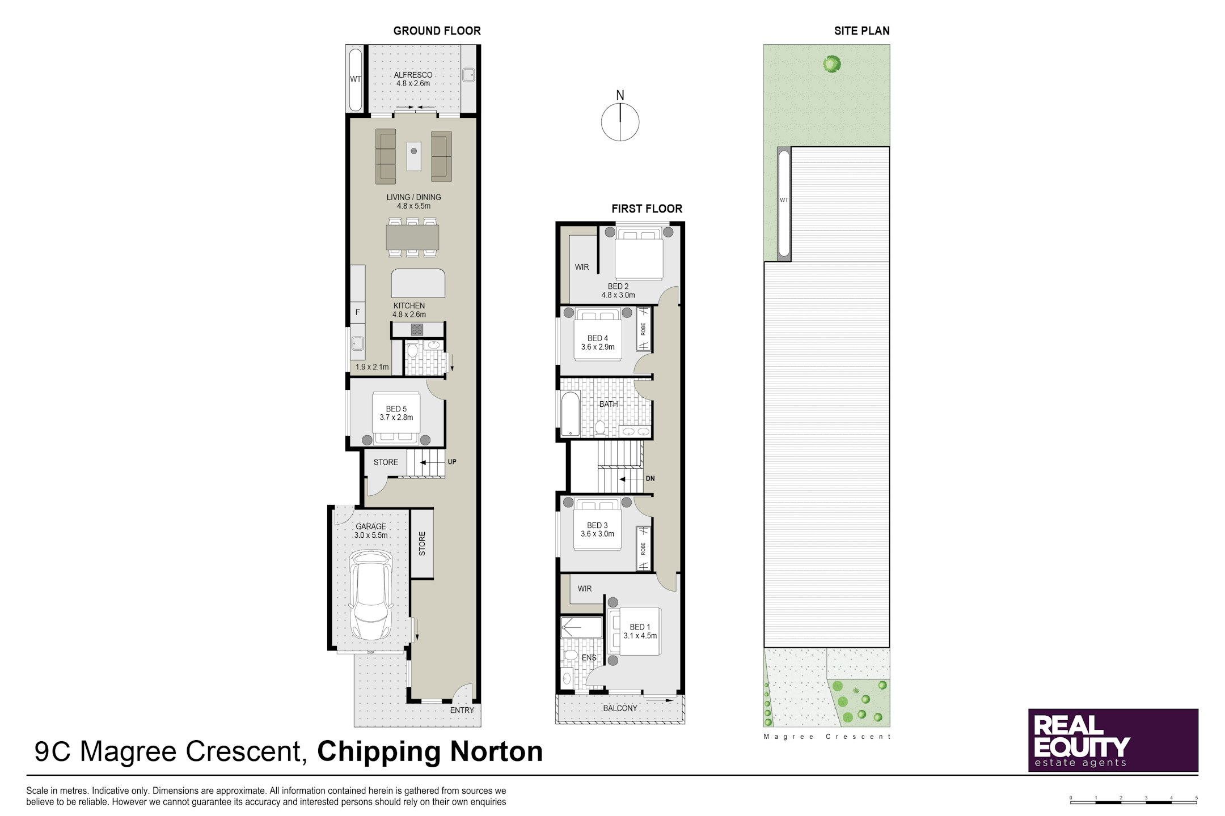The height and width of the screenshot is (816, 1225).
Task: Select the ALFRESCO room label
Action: coord(413,75)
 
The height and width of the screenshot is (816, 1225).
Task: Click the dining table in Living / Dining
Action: coord(413,237)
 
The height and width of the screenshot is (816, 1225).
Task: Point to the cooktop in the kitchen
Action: coord(417,329)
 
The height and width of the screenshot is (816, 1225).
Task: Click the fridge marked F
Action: coord(357,312)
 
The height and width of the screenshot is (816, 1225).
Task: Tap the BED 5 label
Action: coord(396,409)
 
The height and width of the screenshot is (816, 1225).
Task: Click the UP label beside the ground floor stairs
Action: coord(452,462)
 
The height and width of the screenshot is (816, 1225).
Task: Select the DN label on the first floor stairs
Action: coord(650,479)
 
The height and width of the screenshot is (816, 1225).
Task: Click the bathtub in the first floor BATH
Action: coord(570,415)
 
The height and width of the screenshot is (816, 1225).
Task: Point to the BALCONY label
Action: coord(620,708)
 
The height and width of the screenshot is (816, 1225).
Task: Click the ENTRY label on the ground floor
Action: coord(462,710)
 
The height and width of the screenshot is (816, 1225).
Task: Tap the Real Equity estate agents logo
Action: coord(1113,740)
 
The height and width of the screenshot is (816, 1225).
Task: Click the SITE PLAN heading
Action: coord(862,31)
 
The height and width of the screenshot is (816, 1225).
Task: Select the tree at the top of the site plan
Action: coord(831,64)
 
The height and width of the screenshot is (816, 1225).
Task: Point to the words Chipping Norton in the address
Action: coord(430,752)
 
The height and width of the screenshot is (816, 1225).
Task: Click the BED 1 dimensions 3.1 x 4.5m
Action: coord(640,636)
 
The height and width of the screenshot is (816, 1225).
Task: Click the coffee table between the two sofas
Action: coord(414,156)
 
